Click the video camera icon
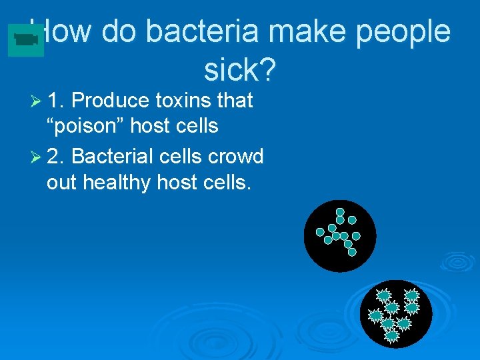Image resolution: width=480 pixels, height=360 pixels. tap(26, 40)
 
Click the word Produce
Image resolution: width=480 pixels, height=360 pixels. tap(110, 101)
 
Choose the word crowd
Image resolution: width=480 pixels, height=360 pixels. tap(236, 156)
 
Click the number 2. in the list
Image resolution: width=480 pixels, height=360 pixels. tap(56, 156)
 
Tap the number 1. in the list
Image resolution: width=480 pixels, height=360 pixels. tap(56, 101)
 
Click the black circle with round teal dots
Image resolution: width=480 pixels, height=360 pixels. tap(339, 235)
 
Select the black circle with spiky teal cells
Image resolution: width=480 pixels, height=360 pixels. tap(395, 313)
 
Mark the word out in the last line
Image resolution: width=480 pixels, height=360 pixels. tap(62, 181)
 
